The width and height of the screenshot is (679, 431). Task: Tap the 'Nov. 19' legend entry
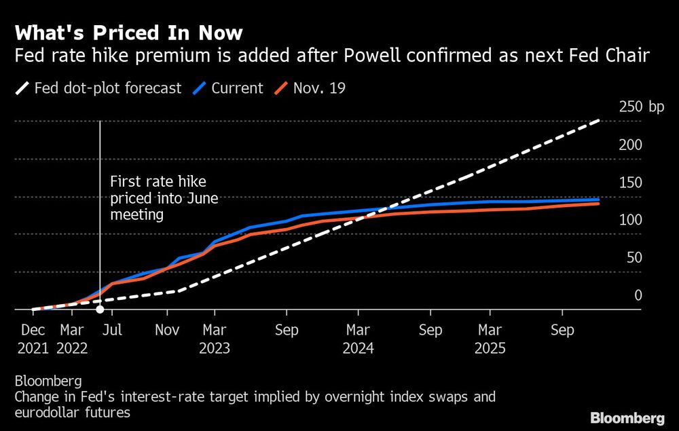(x=310, y=88)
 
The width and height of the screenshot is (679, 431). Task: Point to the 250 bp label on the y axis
(x=642, y=107)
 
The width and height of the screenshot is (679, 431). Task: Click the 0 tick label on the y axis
(x=637, y=295)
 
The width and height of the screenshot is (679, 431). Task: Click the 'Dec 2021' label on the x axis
(x=33, y=339)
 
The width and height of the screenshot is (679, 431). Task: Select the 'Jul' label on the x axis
(x=113, y=330)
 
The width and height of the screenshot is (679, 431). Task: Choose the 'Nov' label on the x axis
(x=167, y=330)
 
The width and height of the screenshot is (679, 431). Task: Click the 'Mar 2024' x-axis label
(x=358, y=339)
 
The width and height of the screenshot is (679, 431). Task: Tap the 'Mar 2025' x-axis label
(x=490, y=339)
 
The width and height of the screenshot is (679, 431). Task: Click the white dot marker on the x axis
(x=100, y=310)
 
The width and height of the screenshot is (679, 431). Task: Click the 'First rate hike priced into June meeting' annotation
(x=163, y=198)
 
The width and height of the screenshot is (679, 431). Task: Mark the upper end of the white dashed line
(x=599, y=121)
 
